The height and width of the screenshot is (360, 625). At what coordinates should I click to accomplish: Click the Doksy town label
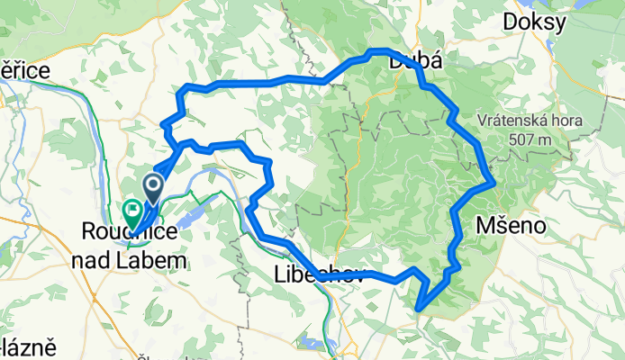point(536,21)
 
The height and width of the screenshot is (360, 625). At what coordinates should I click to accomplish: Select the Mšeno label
point(511,225)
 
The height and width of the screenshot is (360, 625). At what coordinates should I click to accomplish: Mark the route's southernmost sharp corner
point(420,309)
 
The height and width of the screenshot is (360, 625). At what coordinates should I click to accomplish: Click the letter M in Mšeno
point(485,225)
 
